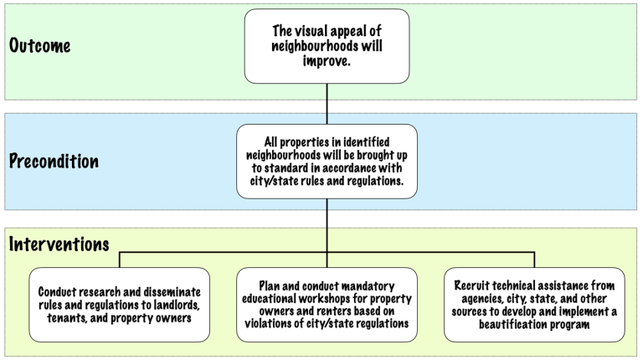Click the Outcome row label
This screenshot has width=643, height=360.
tap(39, 45)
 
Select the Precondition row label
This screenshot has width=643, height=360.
tap(54, 161)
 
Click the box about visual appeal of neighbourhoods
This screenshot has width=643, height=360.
tap(327, 46)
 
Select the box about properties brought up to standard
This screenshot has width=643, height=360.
tap(327, 162)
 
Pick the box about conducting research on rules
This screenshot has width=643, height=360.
tap(119, 305)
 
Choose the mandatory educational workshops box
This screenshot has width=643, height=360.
tap(327, 305)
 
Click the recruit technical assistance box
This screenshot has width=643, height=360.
tap(534, 305)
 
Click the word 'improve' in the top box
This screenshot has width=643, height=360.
tap(327, 61)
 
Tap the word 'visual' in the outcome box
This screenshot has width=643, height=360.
tap(322, 32)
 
